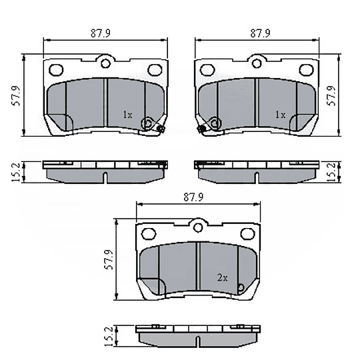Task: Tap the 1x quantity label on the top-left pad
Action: pos(127,115)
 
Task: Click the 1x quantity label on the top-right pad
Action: pos(280,115)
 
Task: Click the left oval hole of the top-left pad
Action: pos(57,69)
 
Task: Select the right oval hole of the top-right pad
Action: pos(307,69)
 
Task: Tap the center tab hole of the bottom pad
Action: pos(198,227)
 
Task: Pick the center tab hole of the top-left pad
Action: pos(105,64)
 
